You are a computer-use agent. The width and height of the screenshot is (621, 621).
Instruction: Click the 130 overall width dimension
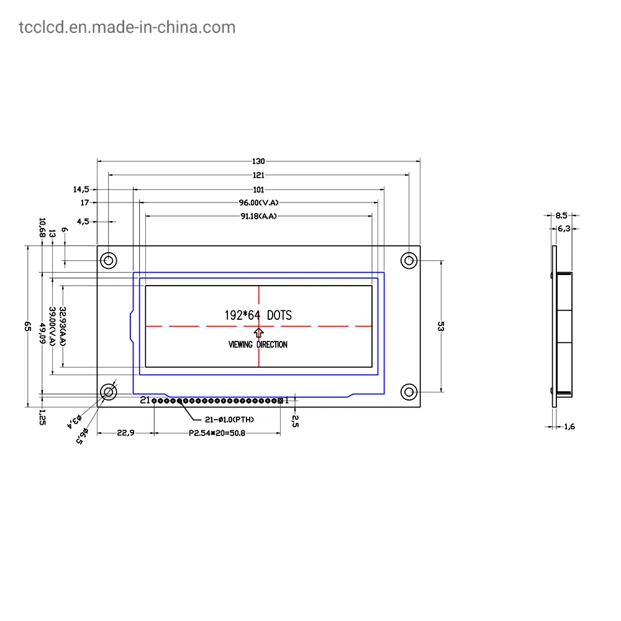[258, 161]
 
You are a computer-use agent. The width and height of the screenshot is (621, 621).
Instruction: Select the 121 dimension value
[258, 175]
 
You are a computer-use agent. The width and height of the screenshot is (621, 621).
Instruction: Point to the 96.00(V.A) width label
[258, 202]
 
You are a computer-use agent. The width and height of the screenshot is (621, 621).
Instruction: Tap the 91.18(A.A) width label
[258, 216]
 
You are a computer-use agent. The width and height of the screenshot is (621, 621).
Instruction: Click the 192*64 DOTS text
[258, 315]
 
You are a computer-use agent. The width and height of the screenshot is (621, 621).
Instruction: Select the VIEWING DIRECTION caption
[258, 344]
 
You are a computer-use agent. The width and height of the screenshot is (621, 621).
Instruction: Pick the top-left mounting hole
[109, 260]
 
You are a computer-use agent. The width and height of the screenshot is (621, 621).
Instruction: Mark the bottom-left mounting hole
[109, 392]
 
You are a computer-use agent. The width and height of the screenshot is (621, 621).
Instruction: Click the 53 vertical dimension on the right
[440, 327]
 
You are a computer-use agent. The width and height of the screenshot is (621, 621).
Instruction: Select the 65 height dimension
[27, 327]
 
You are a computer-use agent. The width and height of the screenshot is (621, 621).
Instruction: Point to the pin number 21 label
[145, 401]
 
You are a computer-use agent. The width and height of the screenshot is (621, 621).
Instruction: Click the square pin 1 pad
[280, 401]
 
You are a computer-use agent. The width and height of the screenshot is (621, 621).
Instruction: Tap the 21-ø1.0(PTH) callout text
[229, 419]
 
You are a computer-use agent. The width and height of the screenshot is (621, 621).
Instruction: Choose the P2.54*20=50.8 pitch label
[217, 433]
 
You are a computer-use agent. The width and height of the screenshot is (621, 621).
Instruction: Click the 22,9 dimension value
[125, 433]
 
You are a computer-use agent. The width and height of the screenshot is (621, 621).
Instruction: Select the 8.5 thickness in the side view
[561, 215]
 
